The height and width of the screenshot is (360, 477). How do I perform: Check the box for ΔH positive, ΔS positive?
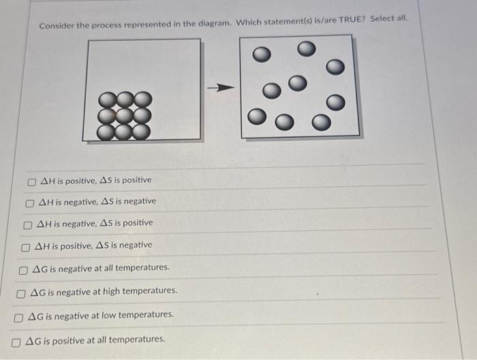coord(32,181)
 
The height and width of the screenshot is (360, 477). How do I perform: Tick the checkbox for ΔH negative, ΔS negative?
coord(30,202)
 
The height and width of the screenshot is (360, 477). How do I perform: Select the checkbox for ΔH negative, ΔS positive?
coord(27,224)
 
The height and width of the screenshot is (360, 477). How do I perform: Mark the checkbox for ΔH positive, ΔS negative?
coord(26,246)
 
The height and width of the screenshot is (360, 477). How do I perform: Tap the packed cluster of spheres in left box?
coord(124,115)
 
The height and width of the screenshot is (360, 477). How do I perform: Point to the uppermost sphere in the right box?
coord(306,48)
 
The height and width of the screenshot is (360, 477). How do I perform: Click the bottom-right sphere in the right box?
coord(320,123)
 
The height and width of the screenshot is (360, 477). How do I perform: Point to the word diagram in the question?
coord(214,23)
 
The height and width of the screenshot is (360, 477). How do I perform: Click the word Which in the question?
coord(248,22)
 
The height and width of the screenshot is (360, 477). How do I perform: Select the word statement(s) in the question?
coord(286,21)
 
